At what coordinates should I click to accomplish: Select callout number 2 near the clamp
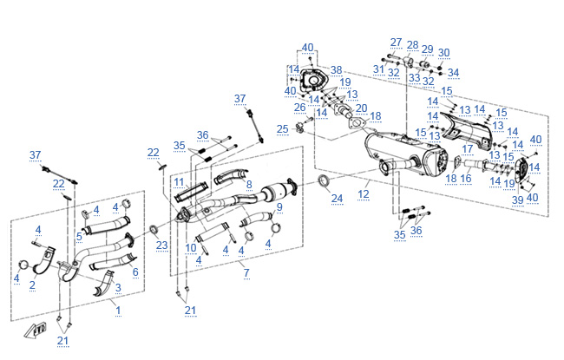[32, 285]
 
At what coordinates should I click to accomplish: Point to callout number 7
[246, 273]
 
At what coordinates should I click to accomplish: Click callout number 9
[279, 206]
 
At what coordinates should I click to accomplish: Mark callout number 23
[161, 245]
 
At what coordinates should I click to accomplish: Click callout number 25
[283, 128]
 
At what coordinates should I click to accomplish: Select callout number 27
[397, 42]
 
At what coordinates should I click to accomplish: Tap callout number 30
[443, 52]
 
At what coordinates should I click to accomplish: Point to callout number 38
[337, 69]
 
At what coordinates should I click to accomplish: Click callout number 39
[517, 200]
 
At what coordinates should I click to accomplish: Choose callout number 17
[467, 149]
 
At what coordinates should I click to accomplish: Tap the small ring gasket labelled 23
[154, 229]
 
